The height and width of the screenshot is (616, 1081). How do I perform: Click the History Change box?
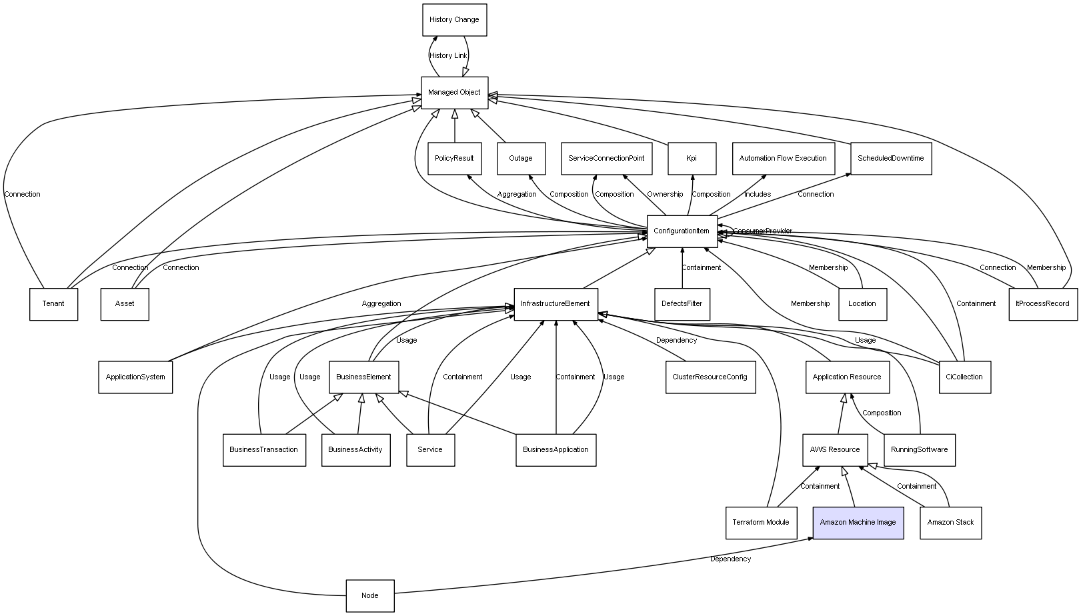click(454, 20)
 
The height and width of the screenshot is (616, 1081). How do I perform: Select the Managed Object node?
click(454, 93)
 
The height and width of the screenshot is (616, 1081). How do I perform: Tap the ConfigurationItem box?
click(682, 231)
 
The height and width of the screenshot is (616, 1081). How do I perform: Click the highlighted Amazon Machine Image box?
click(858, 523)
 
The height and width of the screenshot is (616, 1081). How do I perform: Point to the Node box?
click(369, 596)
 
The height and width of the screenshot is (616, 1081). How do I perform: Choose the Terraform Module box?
click(760, 523)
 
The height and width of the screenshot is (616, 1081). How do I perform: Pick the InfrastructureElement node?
click(556, 304)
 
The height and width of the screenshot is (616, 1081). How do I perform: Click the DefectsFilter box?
click(682, 304)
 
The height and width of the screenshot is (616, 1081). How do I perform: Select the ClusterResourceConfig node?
click(710, 377)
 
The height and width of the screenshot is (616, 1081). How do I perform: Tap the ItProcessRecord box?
click(1042, 304)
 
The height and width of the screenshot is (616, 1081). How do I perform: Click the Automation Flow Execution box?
click(783, 159)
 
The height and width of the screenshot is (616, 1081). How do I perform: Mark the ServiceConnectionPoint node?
click(606, 159)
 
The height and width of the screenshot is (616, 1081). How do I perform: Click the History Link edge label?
click(448, 56)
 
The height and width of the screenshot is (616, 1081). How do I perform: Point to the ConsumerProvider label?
click(763, 231)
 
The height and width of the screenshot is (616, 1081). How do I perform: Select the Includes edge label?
click(758, 195)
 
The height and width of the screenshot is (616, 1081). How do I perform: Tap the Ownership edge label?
click(665, 195)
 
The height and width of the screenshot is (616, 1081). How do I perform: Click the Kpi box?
click(692, 159)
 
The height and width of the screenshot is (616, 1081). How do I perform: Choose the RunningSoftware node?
click(919, 450)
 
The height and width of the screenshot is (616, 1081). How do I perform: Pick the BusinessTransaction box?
click(263, 450)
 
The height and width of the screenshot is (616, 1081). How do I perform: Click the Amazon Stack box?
click(950, 523)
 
